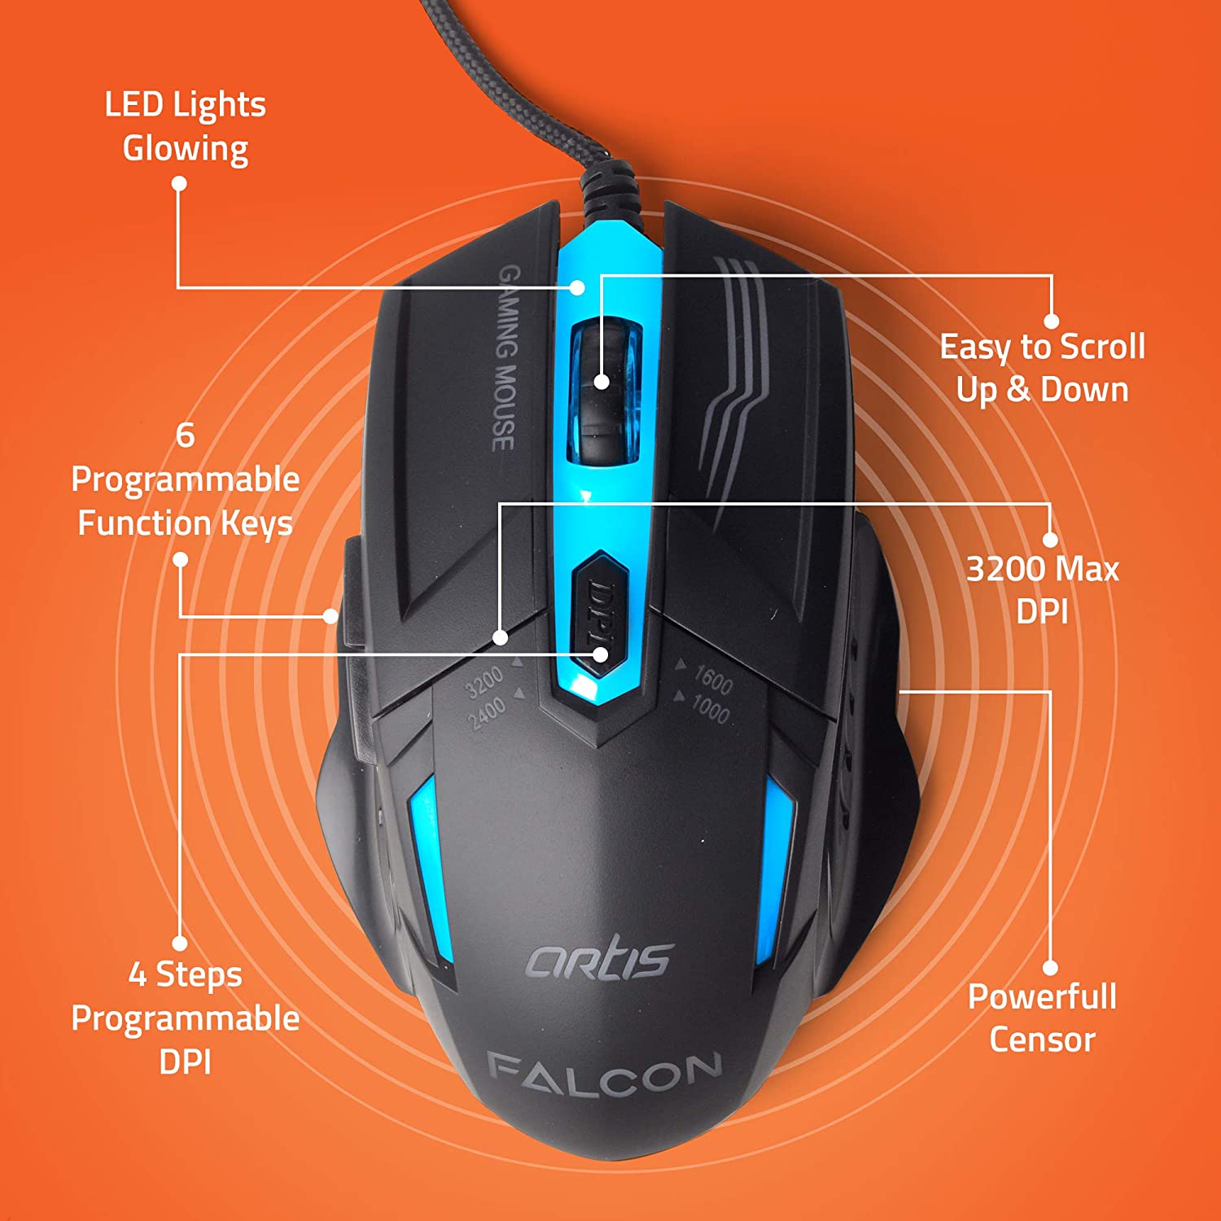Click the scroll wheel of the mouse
tap(606, 394)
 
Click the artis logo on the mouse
tap(599, 961)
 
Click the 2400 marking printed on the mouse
tap(487, 712)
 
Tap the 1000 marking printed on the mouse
tap(710, 708)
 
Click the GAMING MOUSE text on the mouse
tap(506, 358)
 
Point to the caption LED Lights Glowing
tap(186, 127)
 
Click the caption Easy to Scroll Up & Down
tap(1043, 368)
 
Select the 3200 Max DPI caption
tap(1043, 589)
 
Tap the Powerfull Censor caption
tap(1043, 1017)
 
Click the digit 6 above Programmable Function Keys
tap(186, 435)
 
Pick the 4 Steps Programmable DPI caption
tap(186, 1017)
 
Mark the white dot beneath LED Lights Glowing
tap(179, 184)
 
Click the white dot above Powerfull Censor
tap(1051, 968)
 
